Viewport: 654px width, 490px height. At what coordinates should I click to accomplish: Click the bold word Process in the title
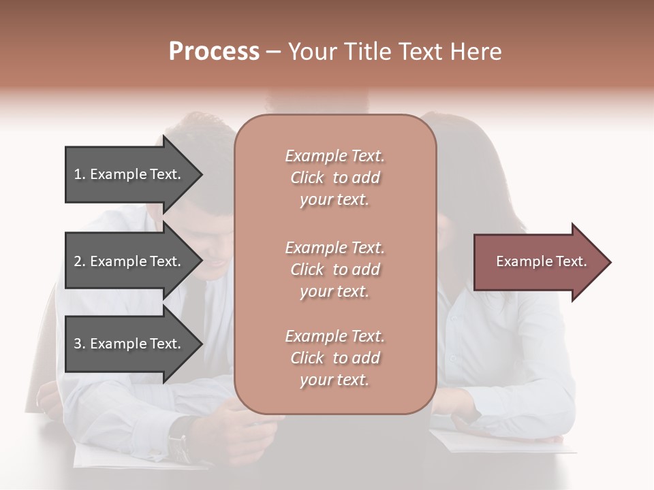tap(214, 52)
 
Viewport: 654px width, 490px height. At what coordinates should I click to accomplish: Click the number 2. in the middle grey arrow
tap(80, 261)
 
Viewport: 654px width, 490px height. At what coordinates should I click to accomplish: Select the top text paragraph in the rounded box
tap(334, 178)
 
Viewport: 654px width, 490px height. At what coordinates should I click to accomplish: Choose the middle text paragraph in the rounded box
tap(334, 269)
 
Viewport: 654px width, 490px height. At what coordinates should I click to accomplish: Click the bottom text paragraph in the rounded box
tap(334, 358)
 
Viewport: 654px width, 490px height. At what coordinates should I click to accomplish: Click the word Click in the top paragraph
tap(307, 178)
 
